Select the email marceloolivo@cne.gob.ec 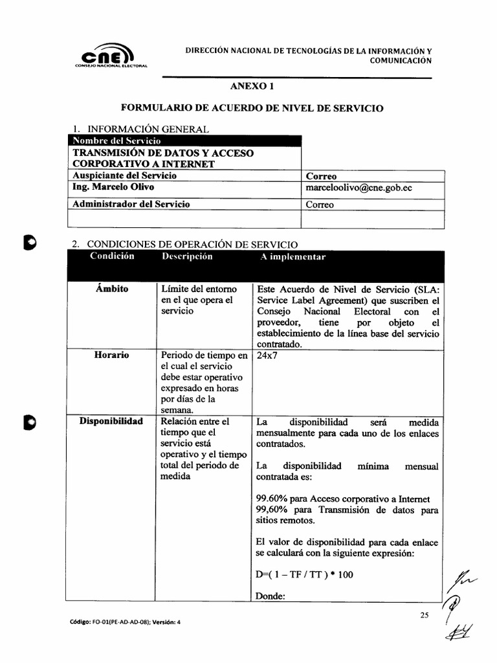[x=359, y=188]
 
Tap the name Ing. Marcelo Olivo [x=113, y=188]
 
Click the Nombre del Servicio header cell [x=117, y=140]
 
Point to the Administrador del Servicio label [x=131, y=205]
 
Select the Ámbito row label [x=113, y=289]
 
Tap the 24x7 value [x=267, y=355]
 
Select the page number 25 [x=425, y=616]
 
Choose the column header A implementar [x=293, y=257]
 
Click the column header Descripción [x=187, y=257]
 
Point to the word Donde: [x=271, y=596]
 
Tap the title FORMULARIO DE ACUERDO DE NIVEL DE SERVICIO [x=252, y=108]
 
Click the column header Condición [x=113, y=256]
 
